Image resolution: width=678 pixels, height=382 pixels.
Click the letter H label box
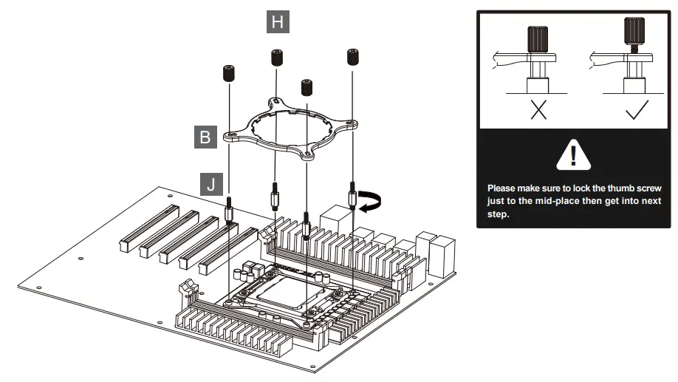pos(278,21)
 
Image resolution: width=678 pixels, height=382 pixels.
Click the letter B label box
pos(205,137)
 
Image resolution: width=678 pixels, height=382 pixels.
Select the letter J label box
pos(211,184)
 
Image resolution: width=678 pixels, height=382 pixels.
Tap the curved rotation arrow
pos(370,202)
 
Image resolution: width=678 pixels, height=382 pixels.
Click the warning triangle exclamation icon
pos(573,155)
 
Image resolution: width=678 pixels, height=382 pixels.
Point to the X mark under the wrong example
pos(538,110)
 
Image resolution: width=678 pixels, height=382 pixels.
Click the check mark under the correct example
pos(637,110)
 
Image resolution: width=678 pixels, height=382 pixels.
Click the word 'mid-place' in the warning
pos(555,201)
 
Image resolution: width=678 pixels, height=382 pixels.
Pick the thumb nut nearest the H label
pos(277,58)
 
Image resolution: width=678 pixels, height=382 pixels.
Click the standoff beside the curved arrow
pos(352,196)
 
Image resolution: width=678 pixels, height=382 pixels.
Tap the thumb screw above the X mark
pos(538,40)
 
